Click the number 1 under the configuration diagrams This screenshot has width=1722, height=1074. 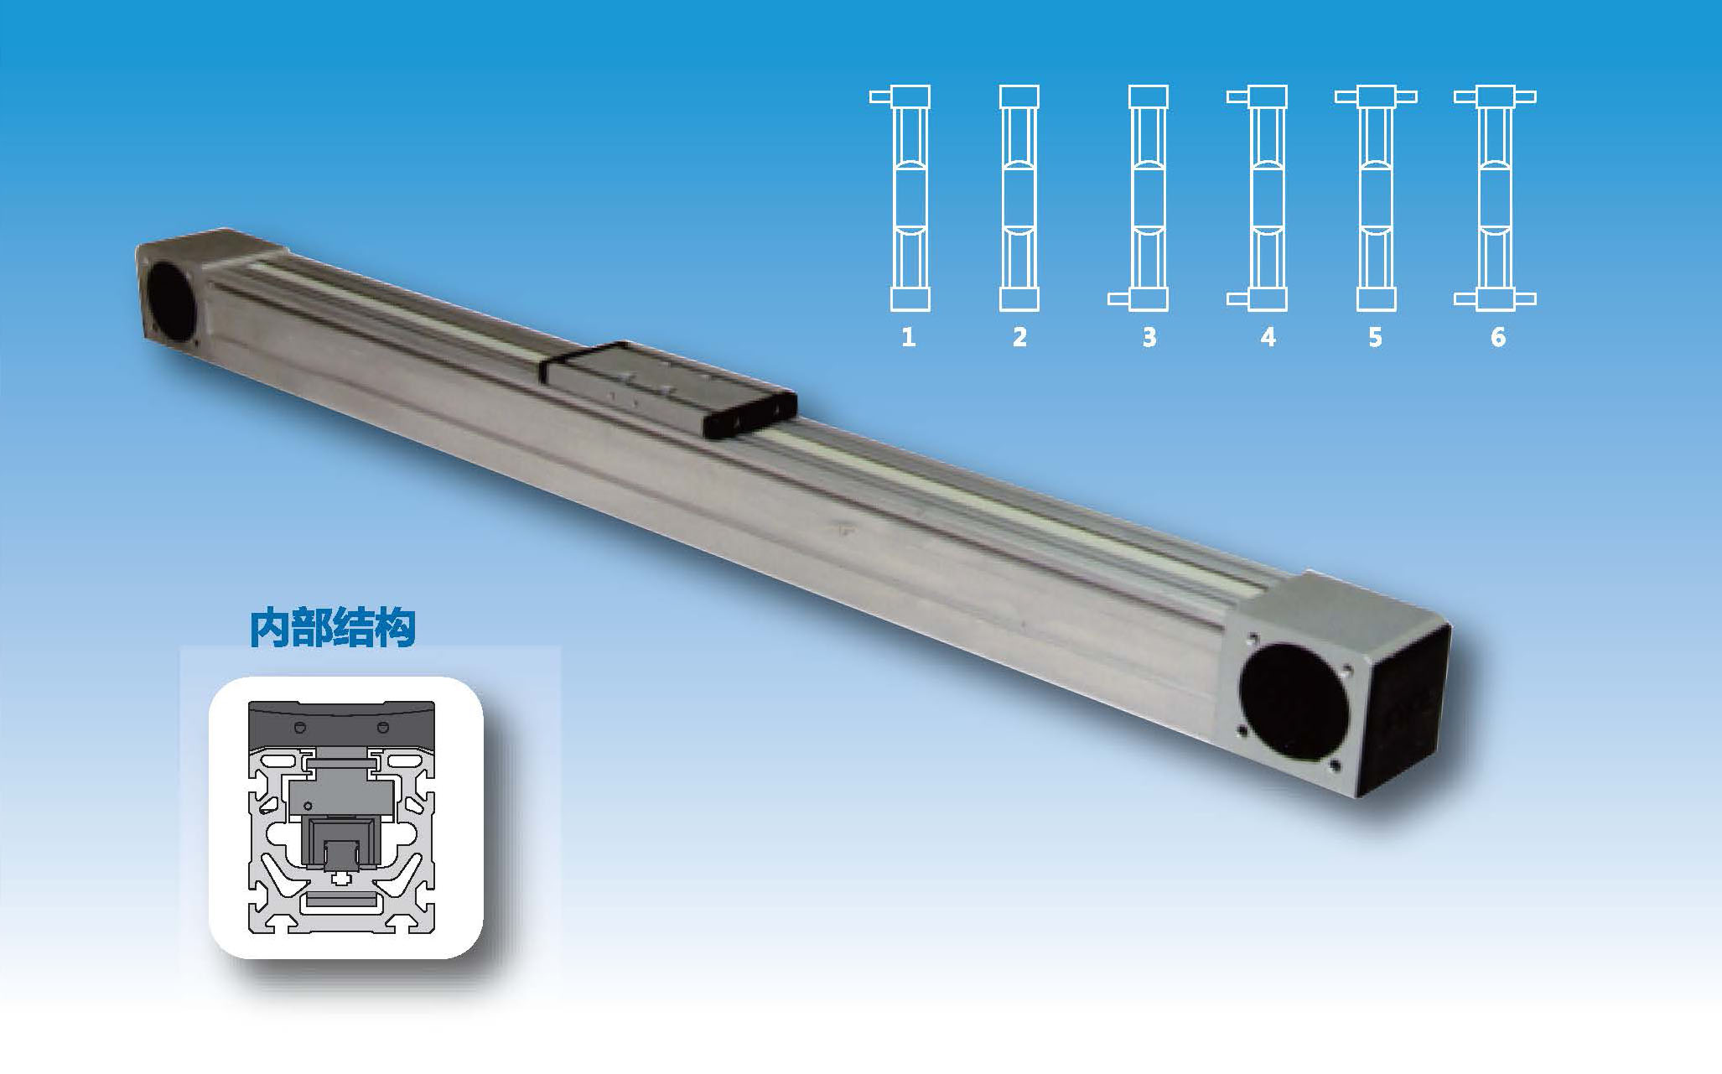coord(908,337)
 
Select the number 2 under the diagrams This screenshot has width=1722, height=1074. coord(1019,337)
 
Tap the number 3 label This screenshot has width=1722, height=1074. coord(1149,337)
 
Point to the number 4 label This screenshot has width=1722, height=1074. coord(1268,337)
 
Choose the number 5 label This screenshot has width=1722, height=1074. coord(1375,337)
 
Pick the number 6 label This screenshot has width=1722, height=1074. coord(1498,337)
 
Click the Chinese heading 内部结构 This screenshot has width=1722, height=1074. coord(333,628)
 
